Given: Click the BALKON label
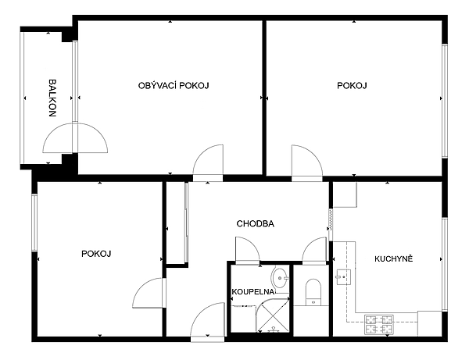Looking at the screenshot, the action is pos(52,98).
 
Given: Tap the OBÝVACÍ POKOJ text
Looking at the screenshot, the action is pos(174,86).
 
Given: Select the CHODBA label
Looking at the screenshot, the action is pos(256,224).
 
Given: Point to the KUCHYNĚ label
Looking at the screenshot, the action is pos(394,258).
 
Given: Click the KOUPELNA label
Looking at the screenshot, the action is pos(253,292).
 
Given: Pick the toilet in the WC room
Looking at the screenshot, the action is pos(313,293).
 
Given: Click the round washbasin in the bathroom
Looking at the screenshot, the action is pos(281,277).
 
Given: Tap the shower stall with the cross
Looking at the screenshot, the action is pos(273,315).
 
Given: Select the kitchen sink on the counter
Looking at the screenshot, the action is pos(344,277).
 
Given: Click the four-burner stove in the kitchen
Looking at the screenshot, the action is pos(379,325).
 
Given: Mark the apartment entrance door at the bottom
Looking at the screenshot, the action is pos(208,322).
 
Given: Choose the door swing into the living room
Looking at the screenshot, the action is pos(208,162).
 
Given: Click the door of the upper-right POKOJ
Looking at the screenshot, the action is pos(307,163).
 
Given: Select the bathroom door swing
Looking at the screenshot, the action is pos(248,251).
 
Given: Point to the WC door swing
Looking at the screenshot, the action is pos(314,251).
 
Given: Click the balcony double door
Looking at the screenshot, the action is pos(75,138).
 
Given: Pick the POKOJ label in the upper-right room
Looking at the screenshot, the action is pos(352,86).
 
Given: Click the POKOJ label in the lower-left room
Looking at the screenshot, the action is pos(96,254).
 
